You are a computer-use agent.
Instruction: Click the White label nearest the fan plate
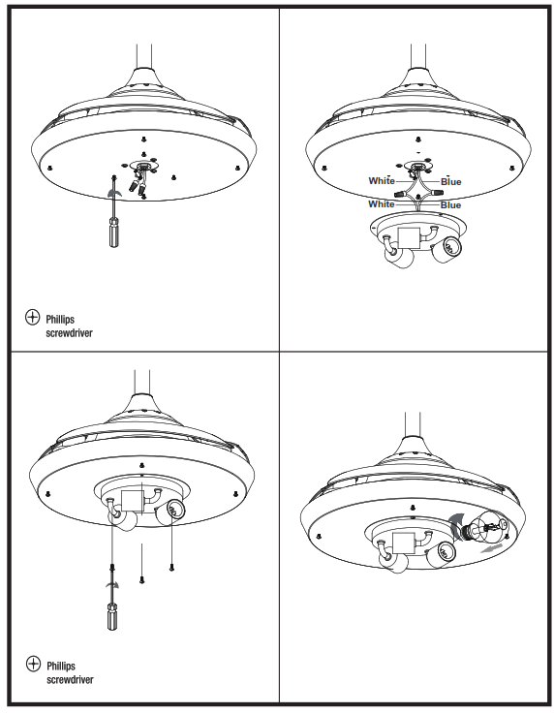382,181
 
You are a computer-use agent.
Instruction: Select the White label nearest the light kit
382,204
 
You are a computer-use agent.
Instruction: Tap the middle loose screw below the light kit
143,576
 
